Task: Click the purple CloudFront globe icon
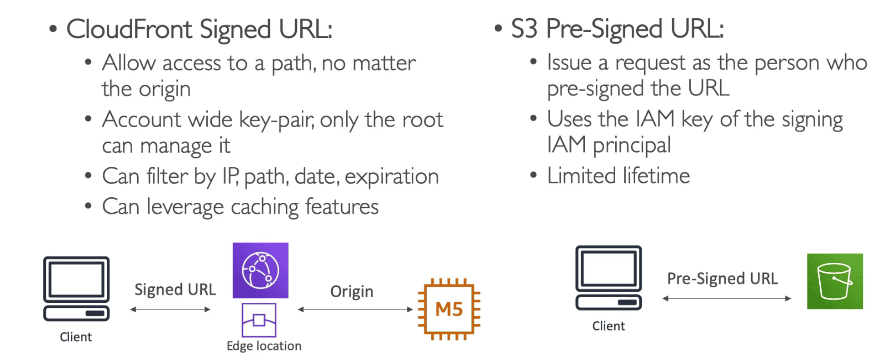tap(260, 270)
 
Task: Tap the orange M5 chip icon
tap(449, 309)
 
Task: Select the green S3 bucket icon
tap(835, 281)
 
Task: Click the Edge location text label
tap(264, 346)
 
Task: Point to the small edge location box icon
tap(259, 320)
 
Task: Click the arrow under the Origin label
tap(355, 310)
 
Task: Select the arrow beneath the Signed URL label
tap(170, 310)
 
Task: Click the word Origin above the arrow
tap(352, 291)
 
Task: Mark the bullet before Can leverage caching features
tap(88, 206)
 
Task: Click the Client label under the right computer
tap(608, 326)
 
